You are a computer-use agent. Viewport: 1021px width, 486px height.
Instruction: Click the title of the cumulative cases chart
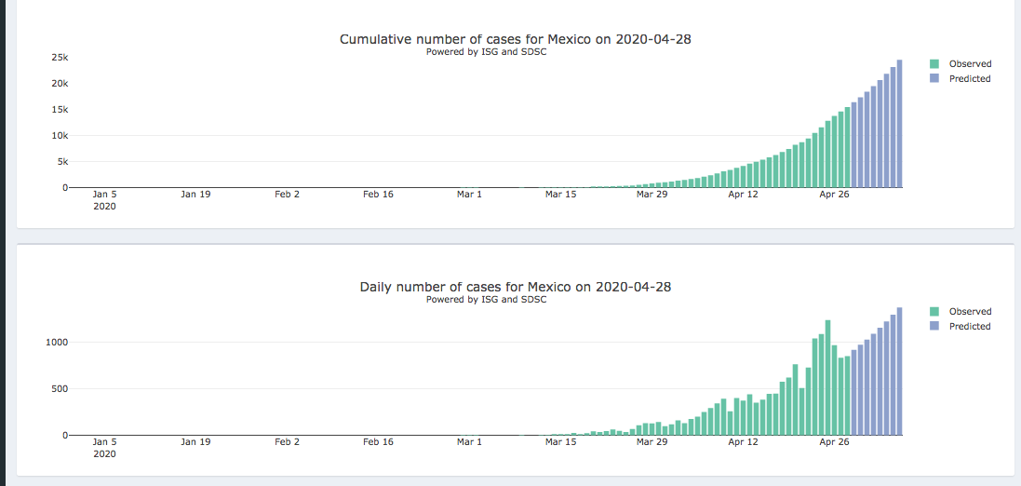click(x=515, y=39)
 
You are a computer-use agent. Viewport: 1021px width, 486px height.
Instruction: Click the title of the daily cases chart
click(x=515, y=287)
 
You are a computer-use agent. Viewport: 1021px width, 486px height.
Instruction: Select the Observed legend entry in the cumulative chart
click(x=969, y=64)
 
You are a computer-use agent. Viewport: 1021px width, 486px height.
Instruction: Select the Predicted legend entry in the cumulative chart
click(x=969, y=79)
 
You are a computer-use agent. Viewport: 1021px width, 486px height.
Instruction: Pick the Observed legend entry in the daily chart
click(x=969, y=312)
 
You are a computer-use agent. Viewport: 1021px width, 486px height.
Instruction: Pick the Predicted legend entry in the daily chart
click(x=969, y=327)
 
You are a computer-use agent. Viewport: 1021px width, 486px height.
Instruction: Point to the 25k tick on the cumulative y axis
click(x=59, y=58)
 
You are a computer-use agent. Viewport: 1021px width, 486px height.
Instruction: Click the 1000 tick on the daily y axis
click(x=58, y=343)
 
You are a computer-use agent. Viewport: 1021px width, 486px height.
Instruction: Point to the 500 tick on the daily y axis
click(x=60, y=389)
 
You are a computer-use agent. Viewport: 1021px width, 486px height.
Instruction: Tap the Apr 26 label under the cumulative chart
click(x=834, y=195)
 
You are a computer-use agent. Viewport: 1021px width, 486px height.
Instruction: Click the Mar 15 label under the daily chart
click(x=560, y=442)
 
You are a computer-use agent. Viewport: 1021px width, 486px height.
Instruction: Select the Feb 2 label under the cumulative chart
click(x=287, y=195)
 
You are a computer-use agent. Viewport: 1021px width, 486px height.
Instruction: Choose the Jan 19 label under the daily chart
click(x=195, y=442)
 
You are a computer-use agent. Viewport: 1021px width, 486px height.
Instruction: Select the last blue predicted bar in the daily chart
click(x=900, y=372)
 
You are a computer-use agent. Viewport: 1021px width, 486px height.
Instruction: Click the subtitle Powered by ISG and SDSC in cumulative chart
click(x=486, y=52)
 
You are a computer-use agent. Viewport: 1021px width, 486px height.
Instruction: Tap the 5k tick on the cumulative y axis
click(x=60, y=162)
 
